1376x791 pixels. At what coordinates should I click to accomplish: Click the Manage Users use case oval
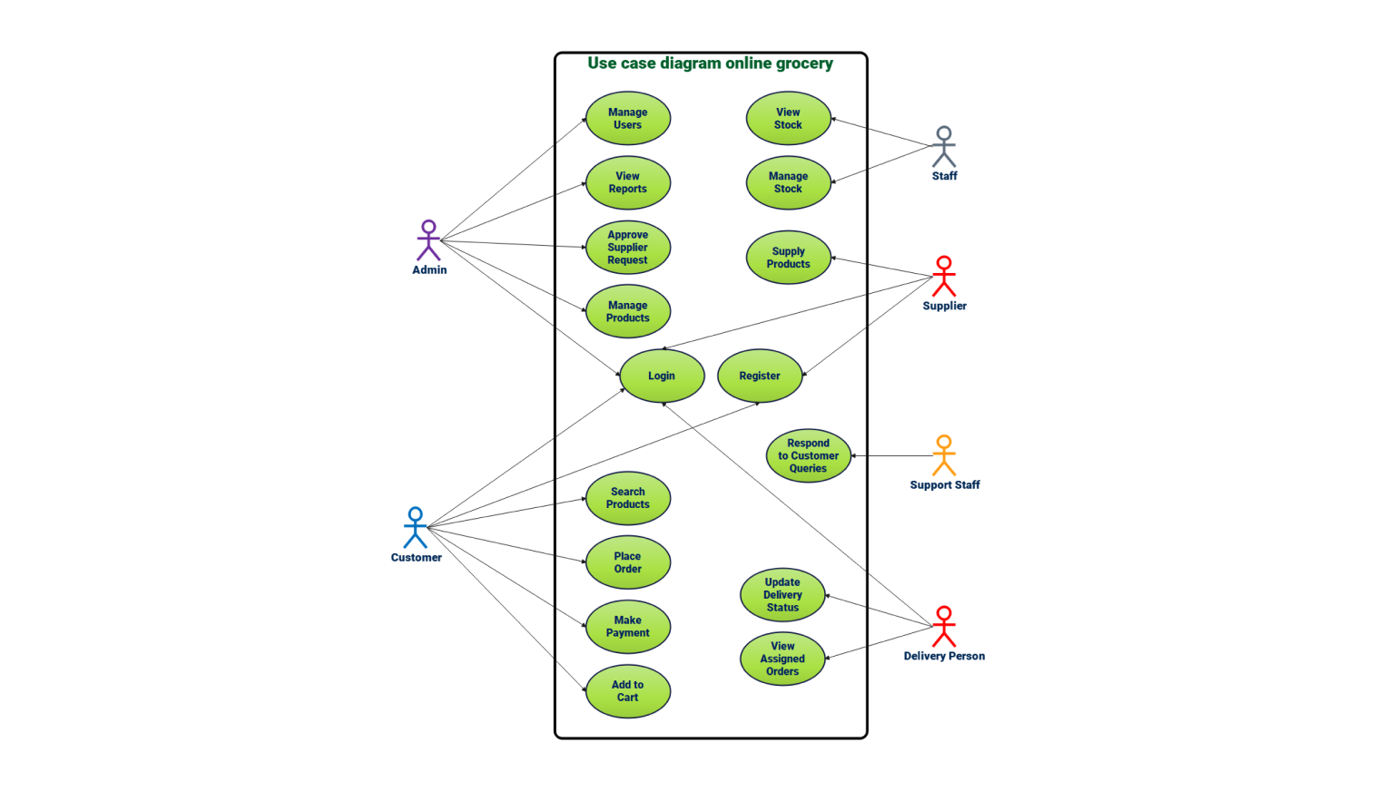pyautogui.click(x=627, y=119)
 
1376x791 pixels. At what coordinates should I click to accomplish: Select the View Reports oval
pyautogui.click(x=627, y=183)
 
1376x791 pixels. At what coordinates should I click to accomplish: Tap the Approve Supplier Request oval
pyautogui.click(x=627, y=248)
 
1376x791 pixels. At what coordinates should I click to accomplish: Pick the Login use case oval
pyautogui.click(x=662, y=376)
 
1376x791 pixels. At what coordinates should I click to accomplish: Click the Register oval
pyautogui.click(x=760, y=376)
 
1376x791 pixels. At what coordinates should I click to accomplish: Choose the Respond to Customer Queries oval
pyautogui.click(x=808, y=456)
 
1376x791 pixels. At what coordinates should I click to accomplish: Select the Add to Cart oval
pyautogui.click(x=627, y=691)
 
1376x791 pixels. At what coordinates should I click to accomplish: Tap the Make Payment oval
pyautogui.click(x=627, y=627)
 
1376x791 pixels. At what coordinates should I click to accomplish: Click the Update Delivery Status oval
pyautogui.click(x=782, y=595)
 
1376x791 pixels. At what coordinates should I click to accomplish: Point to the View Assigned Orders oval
pyautogui.click(x=782, y=659)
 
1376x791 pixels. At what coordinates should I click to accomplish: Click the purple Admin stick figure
pyautogui.click(x=428, y=240)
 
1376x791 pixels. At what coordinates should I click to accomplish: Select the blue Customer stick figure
pyautogui.click(x=416, y=527)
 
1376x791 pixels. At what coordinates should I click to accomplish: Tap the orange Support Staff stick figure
pyautogui.click(x=944, y=455)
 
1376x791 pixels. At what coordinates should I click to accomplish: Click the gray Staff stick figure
pyautogui.click(x=944, y=146)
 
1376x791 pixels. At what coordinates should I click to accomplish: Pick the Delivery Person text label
pyautogui.click(x=944, y=656)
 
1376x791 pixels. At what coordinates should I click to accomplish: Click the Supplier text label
pyautogui.click(x=944, y=306)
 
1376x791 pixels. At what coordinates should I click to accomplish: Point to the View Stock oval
pyautogui.click(x=788, y=119)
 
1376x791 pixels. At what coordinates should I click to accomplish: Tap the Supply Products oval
pyautogui.click(x=788, y=258)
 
